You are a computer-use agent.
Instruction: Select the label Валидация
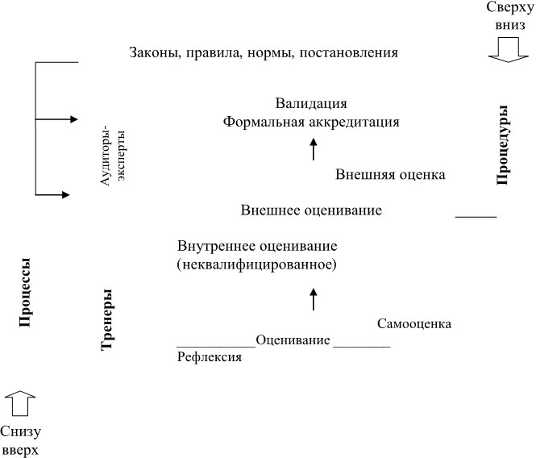point(311,103)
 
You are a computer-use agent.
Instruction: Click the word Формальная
point(264,122)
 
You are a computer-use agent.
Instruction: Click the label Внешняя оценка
point(390,174)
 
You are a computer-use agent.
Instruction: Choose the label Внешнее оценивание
point(311,210)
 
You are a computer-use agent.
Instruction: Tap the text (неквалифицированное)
point(257,264)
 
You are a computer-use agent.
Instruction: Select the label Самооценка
point(414,323)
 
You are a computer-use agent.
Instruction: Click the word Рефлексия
point(210,357)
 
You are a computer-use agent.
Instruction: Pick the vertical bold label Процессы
point(25,293)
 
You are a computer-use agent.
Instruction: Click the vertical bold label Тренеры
point(107,320)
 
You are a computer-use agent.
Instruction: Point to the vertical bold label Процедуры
point(502,145)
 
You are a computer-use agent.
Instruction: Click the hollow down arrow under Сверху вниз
point(509,50)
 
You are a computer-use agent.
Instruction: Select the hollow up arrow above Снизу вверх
point(20,403)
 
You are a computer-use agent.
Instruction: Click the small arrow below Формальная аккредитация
point(314,149)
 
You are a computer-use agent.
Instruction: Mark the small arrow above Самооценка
point(314,299)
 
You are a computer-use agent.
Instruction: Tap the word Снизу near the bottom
point(20,432)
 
